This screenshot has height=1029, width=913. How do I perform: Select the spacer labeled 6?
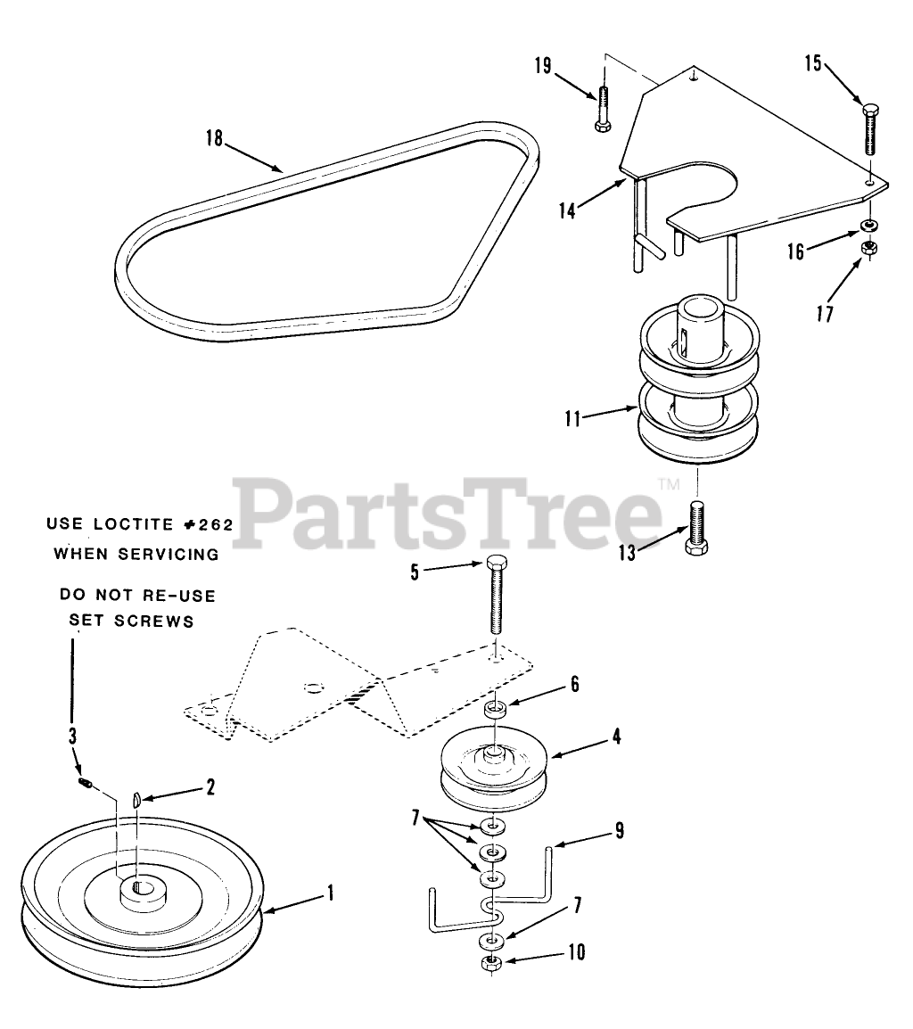tap(497, 711)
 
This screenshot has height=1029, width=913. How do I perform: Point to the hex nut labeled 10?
tap(488, 964)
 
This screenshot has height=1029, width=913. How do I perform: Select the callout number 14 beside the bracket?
tap(568, 210)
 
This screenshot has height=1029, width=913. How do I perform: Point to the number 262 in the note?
tap(215, 525)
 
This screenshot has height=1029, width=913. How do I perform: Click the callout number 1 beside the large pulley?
tap(331, 891)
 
